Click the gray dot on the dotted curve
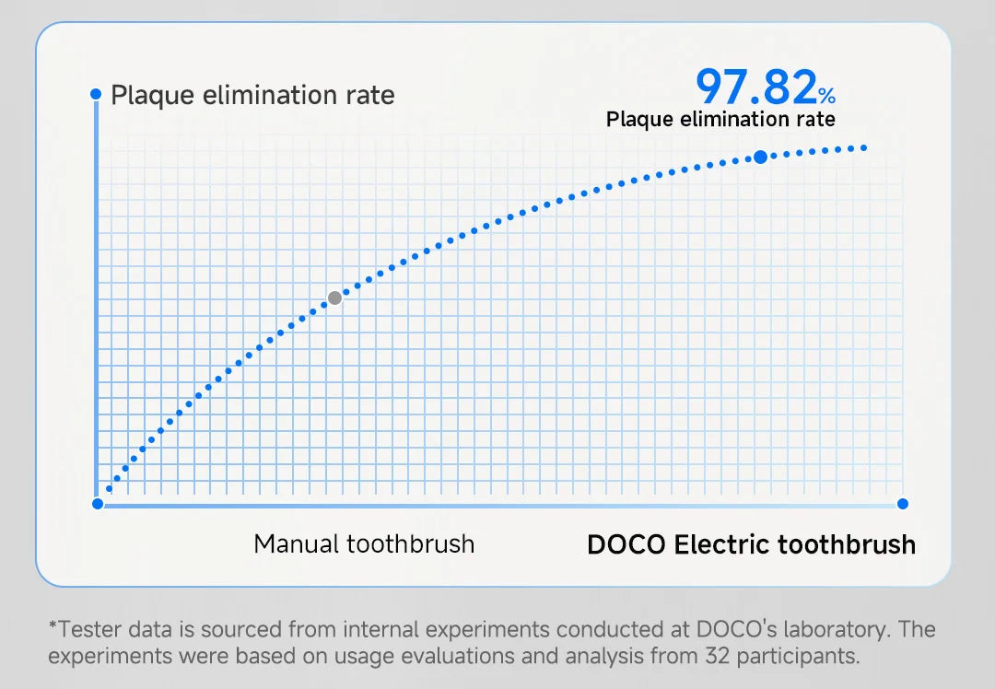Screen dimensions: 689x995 point(335,298)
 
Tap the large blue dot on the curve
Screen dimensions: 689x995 point(760,158)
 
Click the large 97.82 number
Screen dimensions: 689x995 point(755,87)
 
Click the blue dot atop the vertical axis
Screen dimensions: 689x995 point(96,94)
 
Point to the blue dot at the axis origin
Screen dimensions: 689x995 point(98,504)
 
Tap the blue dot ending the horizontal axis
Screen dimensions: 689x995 point(903,504)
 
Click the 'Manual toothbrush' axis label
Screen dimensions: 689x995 point(364,543)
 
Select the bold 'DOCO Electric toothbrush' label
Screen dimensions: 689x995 point(751,544)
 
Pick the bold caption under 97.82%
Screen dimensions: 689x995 point(720,119)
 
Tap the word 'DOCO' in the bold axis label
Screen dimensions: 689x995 point(626,544)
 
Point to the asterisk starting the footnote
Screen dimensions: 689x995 point(53,628)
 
